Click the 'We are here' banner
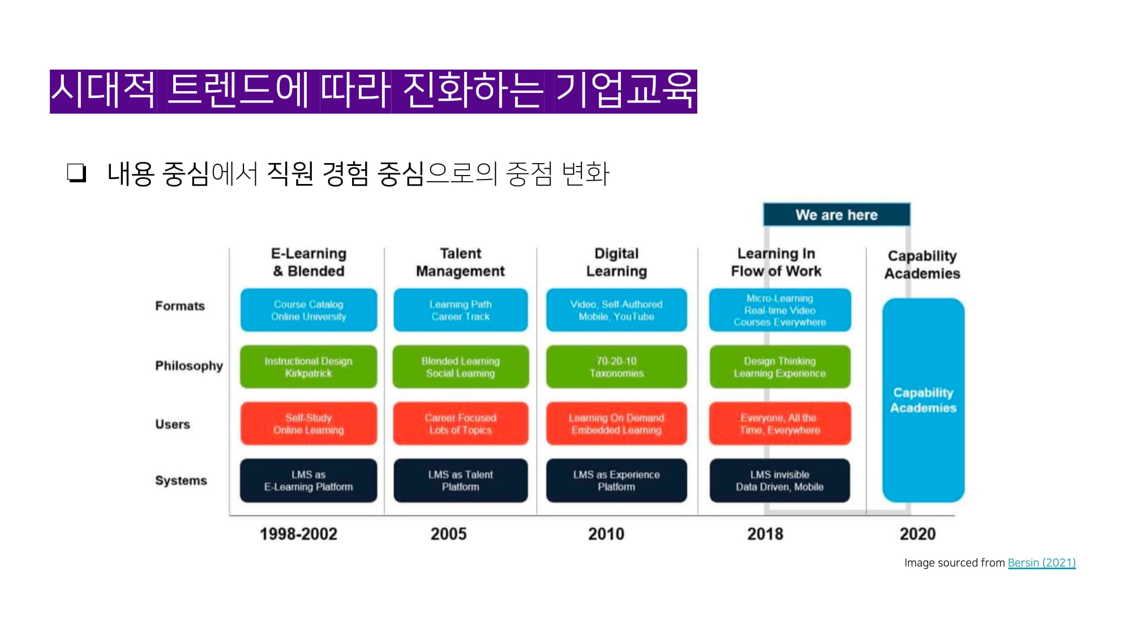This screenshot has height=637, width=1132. (x=836, y=215)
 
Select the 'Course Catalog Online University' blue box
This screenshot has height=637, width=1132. (x=308, y=310)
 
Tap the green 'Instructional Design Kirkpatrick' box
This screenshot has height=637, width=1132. (x=308, y=367)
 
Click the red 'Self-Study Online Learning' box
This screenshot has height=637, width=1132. (x=308, y=424)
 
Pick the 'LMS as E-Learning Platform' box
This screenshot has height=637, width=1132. (x=308, y=480)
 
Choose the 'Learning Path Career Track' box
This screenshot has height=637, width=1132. (x=461, y=310)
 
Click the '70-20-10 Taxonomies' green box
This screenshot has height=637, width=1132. (x=616, y=367)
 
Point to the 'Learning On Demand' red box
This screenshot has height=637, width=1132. (x=616, y=424)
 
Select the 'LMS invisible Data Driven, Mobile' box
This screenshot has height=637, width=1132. (x=779, y=480)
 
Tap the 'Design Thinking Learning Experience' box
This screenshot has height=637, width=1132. (x=779, y=367)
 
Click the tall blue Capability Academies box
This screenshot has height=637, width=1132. (x=923, y=400)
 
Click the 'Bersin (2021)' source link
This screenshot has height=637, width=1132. (x=1041, y=563)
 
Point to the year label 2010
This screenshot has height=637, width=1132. (x=606, y=534)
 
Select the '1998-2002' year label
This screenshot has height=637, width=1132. (x=298, y=534)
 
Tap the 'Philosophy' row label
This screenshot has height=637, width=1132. (x=189, y=366)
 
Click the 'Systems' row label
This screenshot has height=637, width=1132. (x=181, y=480)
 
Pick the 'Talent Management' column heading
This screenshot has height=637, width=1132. (x=460, y=262)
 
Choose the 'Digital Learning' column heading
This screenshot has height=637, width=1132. (x=616, y=262)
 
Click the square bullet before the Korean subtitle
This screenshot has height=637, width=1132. (x=76, y=173)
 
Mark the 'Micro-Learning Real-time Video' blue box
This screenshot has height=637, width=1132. (x=779, y=310)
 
